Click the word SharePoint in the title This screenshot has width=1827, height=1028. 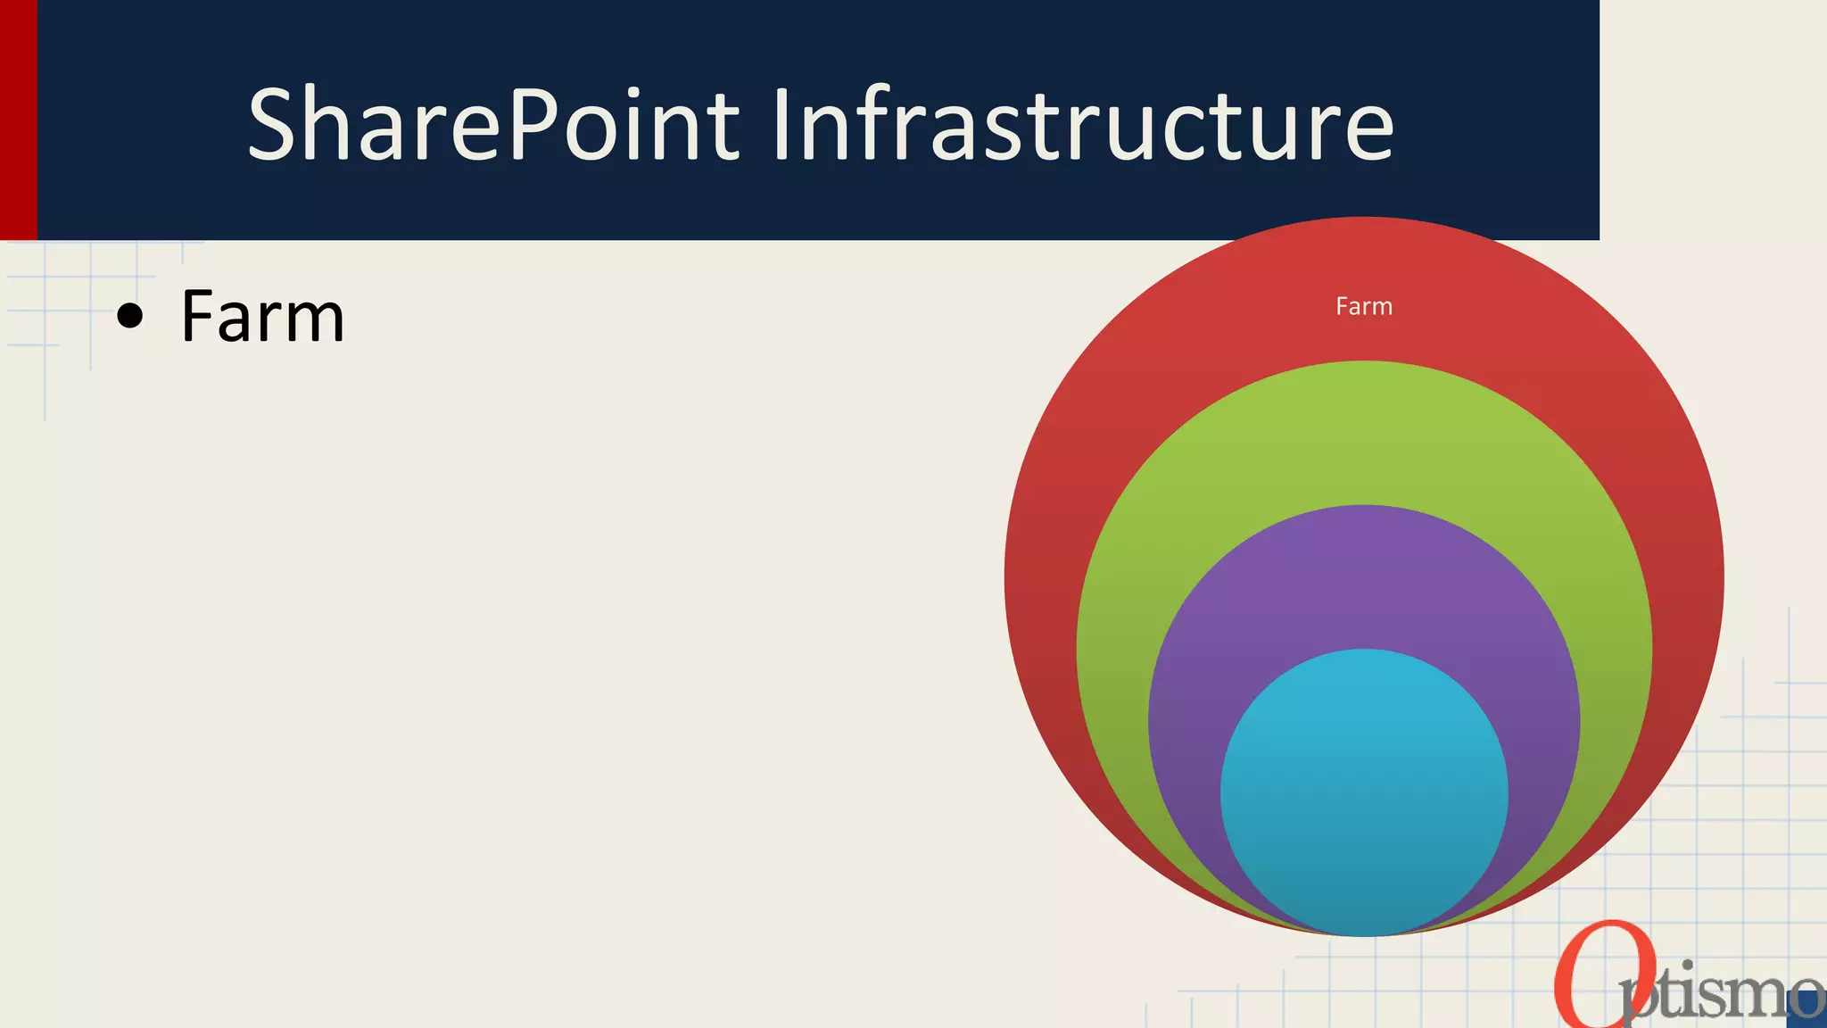pos(492,125)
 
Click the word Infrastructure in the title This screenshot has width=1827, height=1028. pos(1081,125)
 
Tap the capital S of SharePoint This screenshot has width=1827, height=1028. pos(274,125)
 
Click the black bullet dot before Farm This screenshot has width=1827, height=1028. pos(130,317)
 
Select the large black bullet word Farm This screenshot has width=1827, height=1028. pos(262,317)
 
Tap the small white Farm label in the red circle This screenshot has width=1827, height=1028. pos(1363,307)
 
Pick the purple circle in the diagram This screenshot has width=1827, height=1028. pos(1363,571)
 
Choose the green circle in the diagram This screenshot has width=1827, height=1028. pos(1363,428)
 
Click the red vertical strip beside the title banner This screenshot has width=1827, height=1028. pos(18,120)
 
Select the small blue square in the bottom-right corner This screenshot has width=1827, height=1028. pos(1807,1009)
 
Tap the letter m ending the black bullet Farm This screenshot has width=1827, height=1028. pos(316,323)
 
